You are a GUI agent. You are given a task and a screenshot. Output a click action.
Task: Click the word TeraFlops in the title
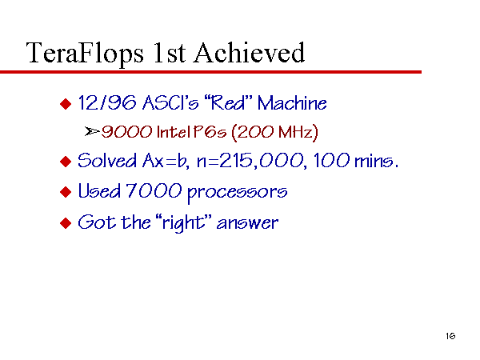coord(85,53)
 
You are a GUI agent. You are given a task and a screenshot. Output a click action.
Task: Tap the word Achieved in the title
coord(249,52)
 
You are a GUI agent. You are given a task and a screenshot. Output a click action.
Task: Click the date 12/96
coord(107,102)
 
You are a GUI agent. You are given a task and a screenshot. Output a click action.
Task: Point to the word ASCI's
coord(170,102)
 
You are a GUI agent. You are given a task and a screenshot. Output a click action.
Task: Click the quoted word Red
coord(228,102)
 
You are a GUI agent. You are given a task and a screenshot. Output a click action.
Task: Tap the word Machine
coord(292,102)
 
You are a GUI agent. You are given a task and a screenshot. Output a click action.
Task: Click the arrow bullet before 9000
coord(92,132)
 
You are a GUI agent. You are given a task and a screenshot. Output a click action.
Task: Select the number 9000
coord(126,132)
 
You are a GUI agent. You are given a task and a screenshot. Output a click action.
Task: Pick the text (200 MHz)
coord(275,132)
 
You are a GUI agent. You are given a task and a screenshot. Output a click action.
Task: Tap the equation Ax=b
coord(166,161)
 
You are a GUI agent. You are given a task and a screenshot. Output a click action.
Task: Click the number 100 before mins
coord(331,161)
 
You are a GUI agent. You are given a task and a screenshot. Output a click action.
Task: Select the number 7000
coord(154,190)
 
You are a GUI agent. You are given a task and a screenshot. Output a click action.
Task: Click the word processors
coord(238,193)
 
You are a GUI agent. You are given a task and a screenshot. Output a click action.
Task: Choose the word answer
coord(248,223)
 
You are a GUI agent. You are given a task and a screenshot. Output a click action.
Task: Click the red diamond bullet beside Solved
coord(66,162)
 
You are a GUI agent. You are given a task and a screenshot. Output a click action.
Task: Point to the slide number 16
coord(450,336)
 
